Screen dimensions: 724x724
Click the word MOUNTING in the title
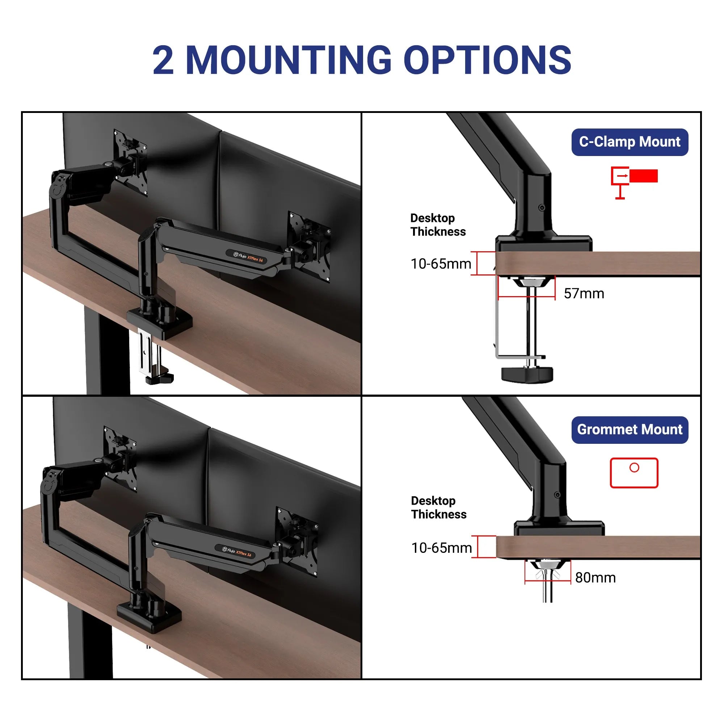(x=289, y=60)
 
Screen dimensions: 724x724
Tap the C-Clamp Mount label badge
(x=630, y=142)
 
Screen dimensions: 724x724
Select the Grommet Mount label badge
(x=630, y=430)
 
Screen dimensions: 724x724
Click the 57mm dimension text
(x=584, y=294)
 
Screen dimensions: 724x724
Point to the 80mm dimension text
(x=595, y=577)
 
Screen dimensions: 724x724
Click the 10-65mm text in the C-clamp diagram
(x=441, y=264)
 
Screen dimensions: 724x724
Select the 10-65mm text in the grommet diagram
(x=441, y=548)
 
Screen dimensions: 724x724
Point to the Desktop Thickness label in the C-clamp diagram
(x=438, y=225)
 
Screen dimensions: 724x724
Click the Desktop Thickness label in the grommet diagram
(x=438, y=508)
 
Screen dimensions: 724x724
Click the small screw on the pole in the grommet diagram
(x=557, y=495)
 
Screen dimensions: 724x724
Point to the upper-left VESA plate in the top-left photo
(x=130, y=162)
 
